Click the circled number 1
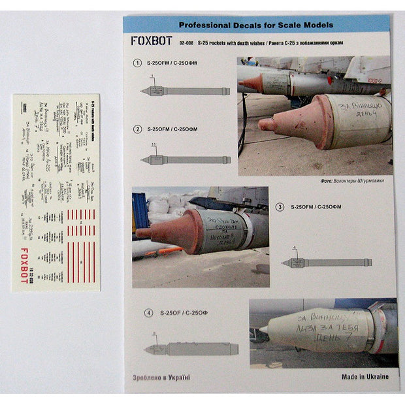(137, 63)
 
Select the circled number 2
(137, 129)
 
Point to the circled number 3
(280, 206)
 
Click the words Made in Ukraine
(365, 377)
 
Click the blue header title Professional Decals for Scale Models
(255, 25)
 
